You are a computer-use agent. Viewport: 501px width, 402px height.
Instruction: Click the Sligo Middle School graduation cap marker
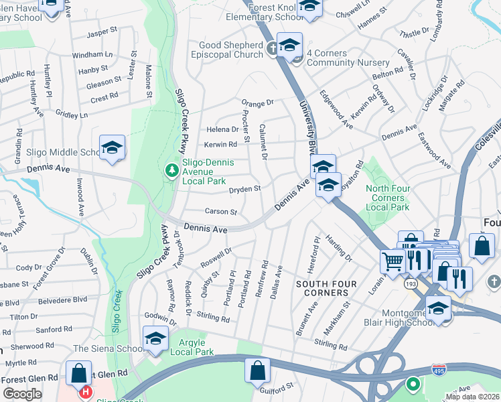pos(113,148)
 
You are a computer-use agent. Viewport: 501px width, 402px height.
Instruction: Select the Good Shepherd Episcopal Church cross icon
pos(273,48)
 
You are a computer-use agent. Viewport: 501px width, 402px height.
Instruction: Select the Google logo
pos(22,394)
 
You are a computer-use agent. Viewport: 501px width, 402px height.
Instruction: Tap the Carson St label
pos(221,212)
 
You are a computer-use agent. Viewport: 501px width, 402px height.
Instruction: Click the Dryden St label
pos(244,190)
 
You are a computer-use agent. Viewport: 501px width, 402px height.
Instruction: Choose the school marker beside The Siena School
pos(155,338)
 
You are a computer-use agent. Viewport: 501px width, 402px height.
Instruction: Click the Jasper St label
pos(102,31)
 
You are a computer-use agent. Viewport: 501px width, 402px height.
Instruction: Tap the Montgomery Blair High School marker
pos(438,309)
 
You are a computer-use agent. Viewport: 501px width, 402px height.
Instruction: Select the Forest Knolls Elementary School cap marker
pos(309,8)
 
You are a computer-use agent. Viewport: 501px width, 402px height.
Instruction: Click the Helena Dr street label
pos(222,129)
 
